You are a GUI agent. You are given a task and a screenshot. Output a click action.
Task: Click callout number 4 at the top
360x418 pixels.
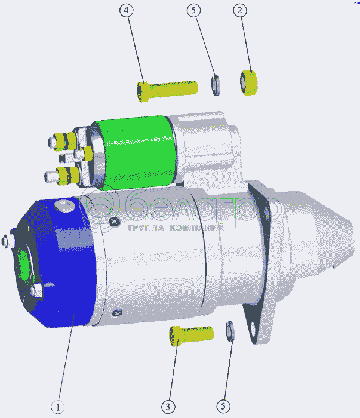[126, 10]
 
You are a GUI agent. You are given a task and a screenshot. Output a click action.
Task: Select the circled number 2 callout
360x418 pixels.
[240, 10]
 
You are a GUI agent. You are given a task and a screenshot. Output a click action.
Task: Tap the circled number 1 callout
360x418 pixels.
[57, 407]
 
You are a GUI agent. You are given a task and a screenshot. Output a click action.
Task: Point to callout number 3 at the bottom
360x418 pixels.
[168, 407]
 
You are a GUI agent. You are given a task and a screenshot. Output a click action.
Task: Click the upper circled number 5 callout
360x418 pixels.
[193, 10]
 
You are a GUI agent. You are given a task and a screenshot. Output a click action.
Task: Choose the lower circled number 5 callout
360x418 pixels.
[223, 406]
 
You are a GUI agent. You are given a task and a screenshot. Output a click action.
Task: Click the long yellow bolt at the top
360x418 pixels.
[167, 91]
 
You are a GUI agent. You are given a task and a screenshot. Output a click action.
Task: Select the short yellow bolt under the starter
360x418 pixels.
[191, 336]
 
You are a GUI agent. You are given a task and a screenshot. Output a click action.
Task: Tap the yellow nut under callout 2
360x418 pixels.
[248, 82]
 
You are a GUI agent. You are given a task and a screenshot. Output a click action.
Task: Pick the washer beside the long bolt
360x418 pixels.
[216, 85]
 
